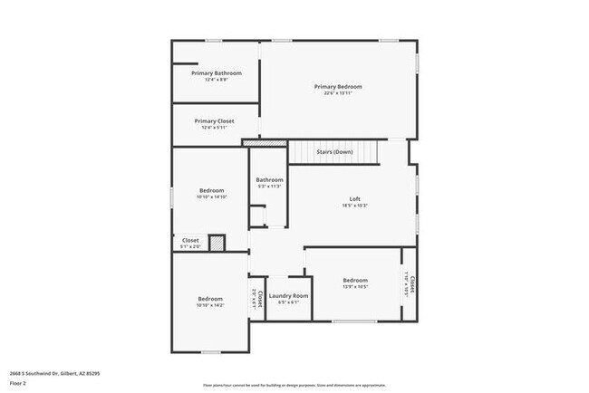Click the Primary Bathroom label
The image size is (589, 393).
point(216,72)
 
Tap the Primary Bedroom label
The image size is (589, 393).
point(337,87)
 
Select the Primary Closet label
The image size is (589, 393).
point(215,120)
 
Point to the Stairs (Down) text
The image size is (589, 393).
point(334,152)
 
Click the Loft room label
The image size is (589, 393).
point(355,199)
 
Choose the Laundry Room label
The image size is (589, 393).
point(289,296)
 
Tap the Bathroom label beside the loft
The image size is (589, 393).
point(269,179)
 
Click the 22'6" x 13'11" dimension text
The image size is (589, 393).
point(337,93)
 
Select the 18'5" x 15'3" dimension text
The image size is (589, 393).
point(355,206)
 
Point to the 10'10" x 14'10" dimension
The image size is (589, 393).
point(211,196)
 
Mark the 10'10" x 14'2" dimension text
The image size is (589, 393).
point(210,305)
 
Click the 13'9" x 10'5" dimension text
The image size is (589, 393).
point(355,287)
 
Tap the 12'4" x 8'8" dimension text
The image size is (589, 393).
point(216,79)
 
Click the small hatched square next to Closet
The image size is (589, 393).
point(217,242)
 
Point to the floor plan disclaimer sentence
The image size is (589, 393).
point(294,384)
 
